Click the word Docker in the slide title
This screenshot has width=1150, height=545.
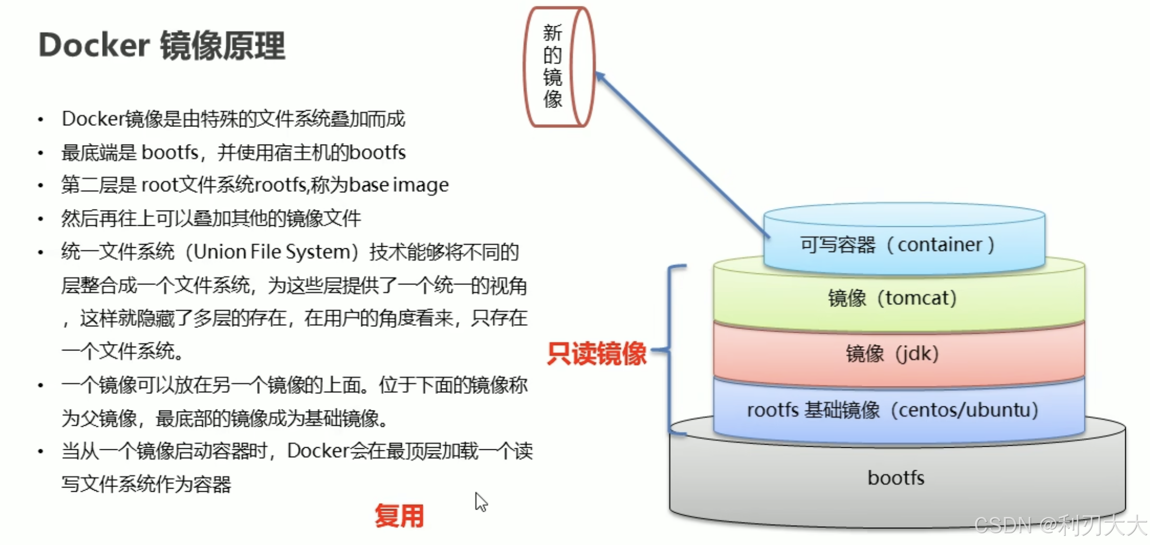94,45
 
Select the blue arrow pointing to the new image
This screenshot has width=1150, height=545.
683,156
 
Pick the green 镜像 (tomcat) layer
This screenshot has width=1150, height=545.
898,298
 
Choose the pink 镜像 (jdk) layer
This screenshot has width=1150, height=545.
898,354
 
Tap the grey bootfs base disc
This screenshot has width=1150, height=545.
896,478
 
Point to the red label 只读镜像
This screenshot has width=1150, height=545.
597,354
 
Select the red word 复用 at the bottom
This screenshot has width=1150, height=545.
399,516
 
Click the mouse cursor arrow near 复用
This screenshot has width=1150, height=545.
480,501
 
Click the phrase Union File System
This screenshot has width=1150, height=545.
272,252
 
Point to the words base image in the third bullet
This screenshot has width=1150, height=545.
399,185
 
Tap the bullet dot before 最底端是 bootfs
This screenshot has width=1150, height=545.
41,153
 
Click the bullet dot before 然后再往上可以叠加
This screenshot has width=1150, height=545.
41,219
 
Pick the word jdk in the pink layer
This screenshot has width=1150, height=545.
917,354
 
